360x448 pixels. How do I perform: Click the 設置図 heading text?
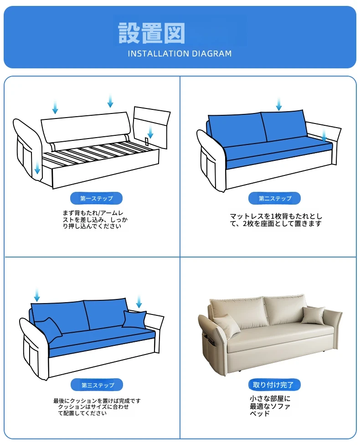(x=151, y=33)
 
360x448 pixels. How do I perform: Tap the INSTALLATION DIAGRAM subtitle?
(x=180, y=54)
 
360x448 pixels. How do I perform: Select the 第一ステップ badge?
(x=96, y=198)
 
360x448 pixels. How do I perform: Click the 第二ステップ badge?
(x=275, y=198)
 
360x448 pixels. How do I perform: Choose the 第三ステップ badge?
(x=97, y=385)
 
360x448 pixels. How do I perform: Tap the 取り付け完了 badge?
(x=275, y=385)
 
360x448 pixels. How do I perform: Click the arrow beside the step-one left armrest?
(x=37, y=167)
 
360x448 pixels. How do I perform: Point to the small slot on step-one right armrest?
(x=147, y=141)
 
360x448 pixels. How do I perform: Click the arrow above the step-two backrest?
(x=279, y=104)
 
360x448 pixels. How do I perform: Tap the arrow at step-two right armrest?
(x=324, y=134)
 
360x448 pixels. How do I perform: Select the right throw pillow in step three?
(x=134, y=319)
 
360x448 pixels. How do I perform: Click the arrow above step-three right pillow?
(x=139, y=301)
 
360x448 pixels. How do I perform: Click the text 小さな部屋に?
(x=270, y=399)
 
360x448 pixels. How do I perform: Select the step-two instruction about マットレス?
(x=276, y=220)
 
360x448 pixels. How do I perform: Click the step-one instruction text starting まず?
(x=95, y=219)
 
